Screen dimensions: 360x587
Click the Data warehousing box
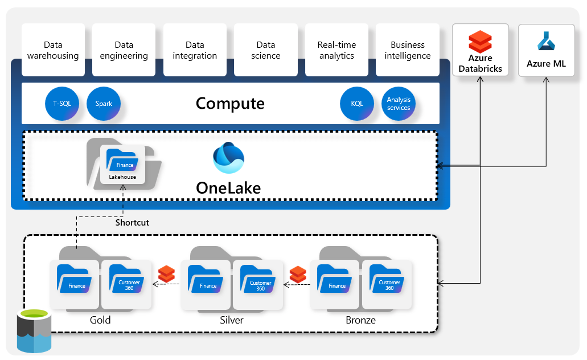click(53, 50)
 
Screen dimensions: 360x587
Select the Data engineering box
click(124, 50)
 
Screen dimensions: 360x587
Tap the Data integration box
click(195, 50)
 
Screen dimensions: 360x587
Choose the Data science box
click(266, 50)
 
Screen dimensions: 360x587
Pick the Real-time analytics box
click(336, 50)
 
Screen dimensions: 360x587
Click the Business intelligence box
click(408, 50)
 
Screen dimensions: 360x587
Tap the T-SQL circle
click(62, 104)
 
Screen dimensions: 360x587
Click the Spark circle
click(104, 104)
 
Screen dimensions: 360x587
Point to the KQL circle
click(357, 104)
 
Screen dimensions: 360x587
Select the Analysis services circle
click(399, 104)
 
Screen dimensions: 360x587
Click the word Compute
click(230, 104)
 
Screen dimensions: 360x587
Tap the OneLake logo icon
click(228, 158)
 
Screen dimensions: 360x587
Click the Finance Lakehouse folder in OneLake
click(122, 165)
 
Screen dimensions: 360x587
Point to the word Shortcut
click(132, 223)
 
